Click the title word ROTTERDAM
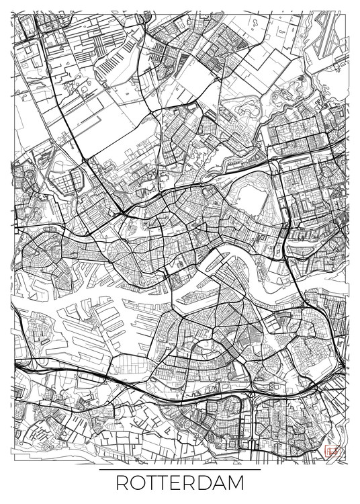[180, 483]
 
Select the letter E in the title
[175, 483]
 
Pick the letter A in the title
[220, 483]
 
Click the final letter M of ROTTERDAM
[236, 483]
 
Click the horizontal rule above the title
[180, 469]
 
